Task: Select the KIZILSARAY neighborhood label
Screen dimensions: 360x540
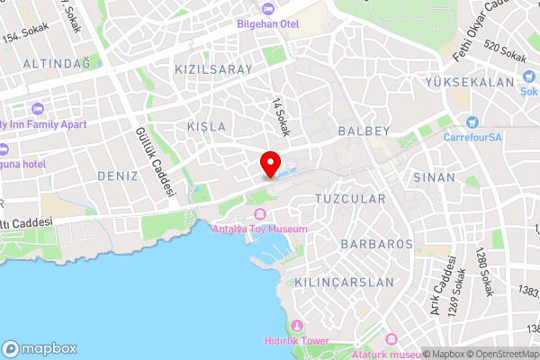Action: pyautogui.click(x=214, y=68)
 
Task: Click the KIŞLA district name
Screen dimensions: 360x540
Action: pyautogui.click(x=206, y=127)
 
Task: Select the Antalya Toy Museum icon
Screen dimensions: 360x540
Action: pyautogui.click(x=260, y=214)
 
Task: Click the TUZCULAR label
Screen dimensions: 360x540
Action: pyautogui.click(x=351, y=198)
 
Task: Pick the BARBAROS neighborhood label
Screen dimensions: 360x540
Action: pyautogui.click(x=377, y=244)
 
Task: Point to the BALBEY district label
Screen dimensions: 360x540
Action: pyautogui.click(x=364, y=131)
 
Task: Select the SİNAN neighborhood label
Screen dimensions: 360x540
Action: pyautogui.click(x=435, y=177)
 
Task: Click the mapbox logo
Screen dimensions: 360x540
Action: pyautogui.click(x=40, y=348)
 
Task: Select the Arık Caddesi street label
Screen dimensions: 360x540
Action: pyautogui.click(x=444, y=280)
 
